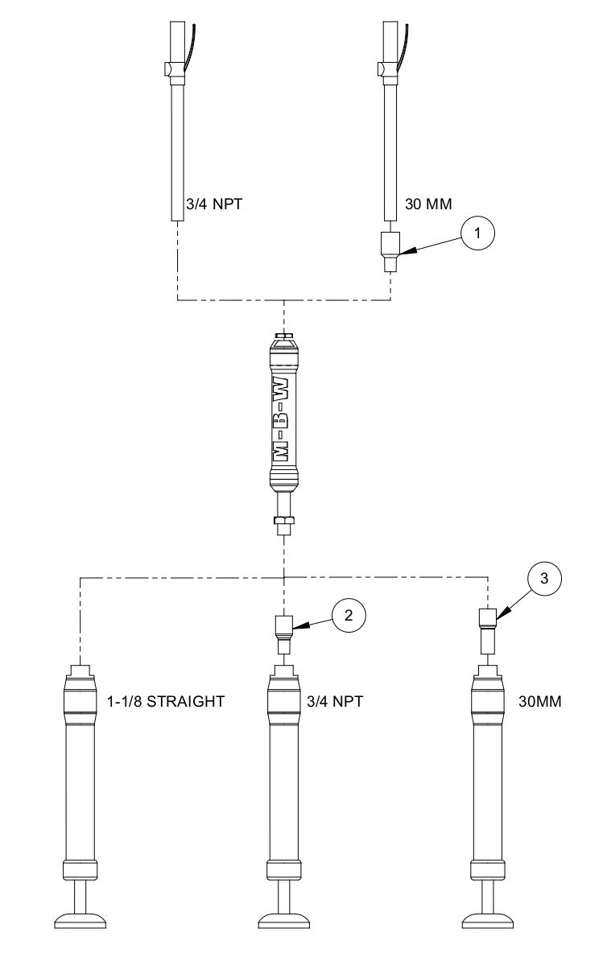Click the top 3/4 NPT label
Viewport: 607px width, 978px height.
pos(215,204)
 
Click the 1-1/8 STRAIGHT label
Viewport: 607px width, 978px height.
pos(165,701)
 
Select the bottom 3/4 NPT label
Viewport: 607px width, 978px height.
pos(336,701)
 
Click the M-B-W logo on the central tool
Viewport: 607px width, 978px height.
pos(285,411)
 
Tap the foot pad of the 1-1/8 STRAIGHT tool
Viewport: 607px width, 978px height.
pos(81,918)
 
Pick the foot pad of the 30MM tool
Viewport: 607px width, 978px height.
pos(488,918)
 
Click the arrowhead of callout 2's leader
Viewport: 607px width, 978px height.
pos(297,626)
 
